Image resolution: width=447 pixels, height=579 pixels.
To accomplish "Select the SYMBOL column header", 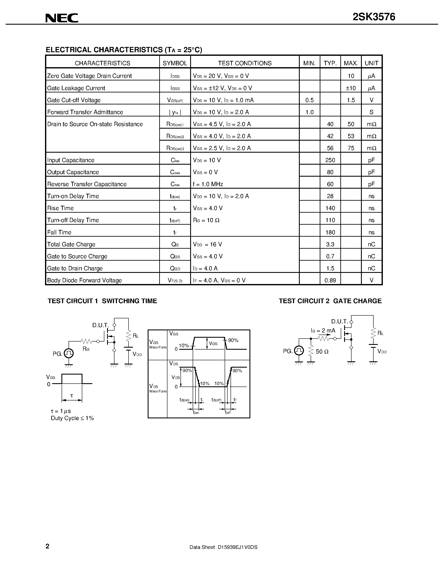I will [175, 63].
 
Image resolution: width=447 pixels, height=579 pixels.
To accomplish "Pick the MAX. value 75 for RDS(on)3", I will [351, 148].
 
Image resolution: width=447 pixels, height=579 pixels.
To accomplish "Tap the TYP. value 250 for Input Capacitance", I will [330, 160].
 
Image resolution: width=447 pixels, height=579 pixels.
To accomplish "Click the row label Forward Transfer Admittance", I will [85, 112].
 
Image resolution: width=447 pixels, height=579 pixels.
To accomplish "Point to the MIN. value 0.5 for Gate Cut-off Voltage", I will [309, 100].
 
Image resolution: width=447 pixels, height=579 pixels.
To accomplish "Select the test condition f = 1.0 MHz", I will [208, 184].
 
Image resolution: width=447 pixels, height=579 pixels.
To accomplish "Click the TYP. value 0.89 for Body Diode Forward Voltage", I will [330, 280].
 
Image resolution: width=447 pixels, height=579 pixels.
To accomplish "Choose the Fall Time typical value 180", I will [330, 232].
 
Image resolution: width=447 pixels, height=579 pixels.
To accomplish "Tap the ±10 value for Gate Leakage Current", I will [351, 88].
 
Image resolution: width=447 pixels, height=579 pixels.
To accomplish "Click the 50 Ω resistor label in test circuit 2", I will [322, 352].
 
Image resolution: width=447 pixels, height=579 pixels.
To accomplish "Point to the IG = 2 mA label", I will [323, 331].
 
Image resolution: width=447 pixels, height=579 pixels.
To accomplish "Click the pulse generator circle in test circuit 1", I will [69, 353].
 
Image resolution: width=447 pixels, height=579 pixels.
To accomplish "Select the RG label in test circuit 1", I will [86, 349].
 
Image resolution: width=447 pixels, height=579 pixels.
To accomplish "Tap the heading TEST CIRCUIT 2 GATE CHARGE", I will [330, 301].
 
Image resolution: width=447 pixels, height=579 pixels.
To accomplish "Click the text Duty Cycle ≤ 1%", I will [72, 418].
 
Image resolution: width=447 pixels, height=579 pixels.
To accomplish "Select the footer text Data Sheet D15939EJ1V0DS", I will [223, 547].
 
